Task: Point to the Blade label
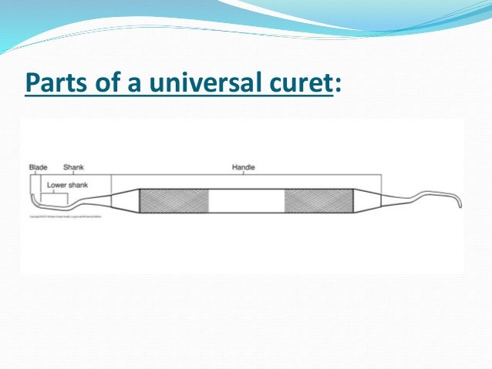click(x=38, y=167)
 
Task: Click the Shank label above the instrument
click(x=73, y=167)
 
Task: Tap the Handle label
click(x=244, y=167)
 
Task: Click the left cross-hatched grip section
click(x=174, y=201)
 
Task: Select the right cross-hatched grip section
click(x=318, y=201)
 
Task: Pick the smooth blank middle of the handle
click(x=246, y=201)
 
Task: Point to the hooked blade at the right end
click(x=457, y=200)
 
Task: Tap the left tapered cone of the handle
click(x=125, y=201)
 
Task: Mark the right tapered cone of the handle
click(x=367, y=201)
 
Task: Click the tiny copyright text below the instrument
click(x=66, y=217)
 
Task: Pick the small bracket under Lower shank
click(x=55, y=193)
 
